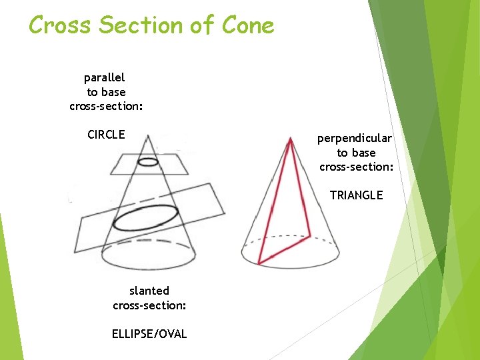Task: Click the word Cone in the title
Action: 247,25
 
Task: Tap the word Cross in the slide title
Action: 59,25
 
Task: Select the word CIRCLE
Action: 106,135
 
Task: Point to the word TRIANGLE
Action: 356,195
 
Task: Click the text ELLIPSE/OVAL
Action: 149,334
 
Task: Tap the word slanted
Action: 149,291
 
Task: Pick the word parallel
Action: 104,78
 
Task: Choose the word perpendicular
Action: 355,139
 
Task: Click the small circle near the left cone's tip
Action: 148,161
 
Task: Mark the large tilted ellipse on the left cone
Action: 146,218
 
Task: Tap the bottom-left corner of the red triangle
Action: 260,263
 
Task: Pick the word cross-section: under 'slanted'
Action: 149,305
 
